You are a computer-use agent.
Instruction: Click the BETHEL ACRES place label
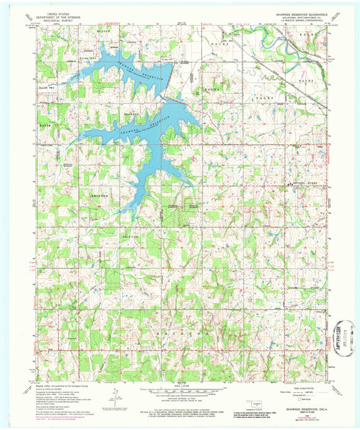click(x=301, y=183)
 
